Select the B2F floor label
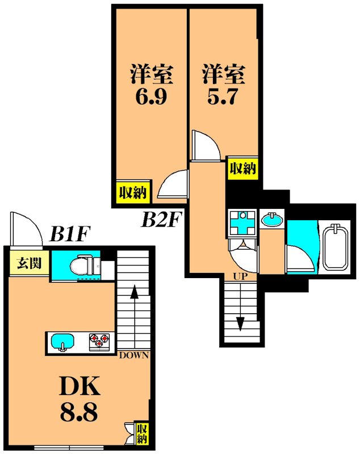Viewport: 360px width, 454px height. point(161,218)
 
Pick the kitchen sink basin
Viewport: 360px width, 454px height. point(61,342)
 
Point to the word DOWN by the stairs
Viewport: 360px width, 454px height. point(133,356)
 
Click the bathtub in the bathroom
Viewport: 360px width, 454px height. point(336,247)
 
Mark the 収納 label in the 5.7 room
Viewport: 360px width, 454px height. point(242,168)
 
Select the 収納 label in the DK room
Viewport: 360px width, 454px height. point(142,433)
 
